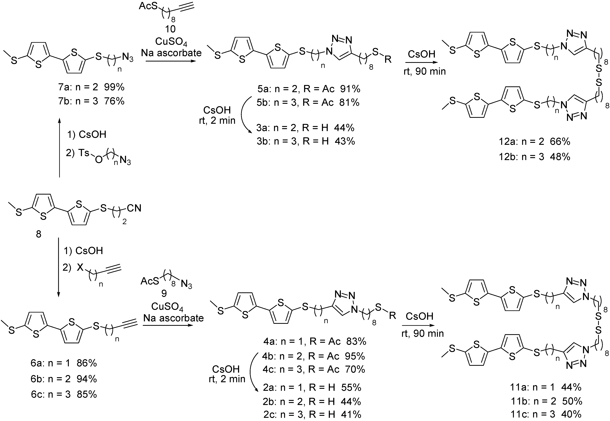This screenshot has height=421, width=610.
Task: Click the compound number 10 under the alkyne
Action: click(170, 29)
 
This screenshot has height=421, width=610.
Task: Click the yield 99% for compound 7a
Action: click(114, 87)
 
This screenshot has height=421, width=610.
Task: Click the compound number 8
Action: click(38, 234)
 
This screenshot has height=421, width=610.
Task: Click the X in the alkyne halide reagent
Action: click(80, 268)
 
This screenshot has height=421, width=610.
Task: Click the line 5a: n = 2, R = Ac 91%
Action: click(309, 89)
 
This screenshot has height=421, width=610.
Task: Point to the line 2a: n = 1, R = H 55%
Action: click(312, 387)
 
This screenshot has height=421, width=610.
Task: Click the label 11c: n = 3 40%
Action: click(546, 414)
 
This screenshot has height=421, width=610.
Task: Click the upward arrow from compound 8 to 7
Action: click(59, 148)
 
